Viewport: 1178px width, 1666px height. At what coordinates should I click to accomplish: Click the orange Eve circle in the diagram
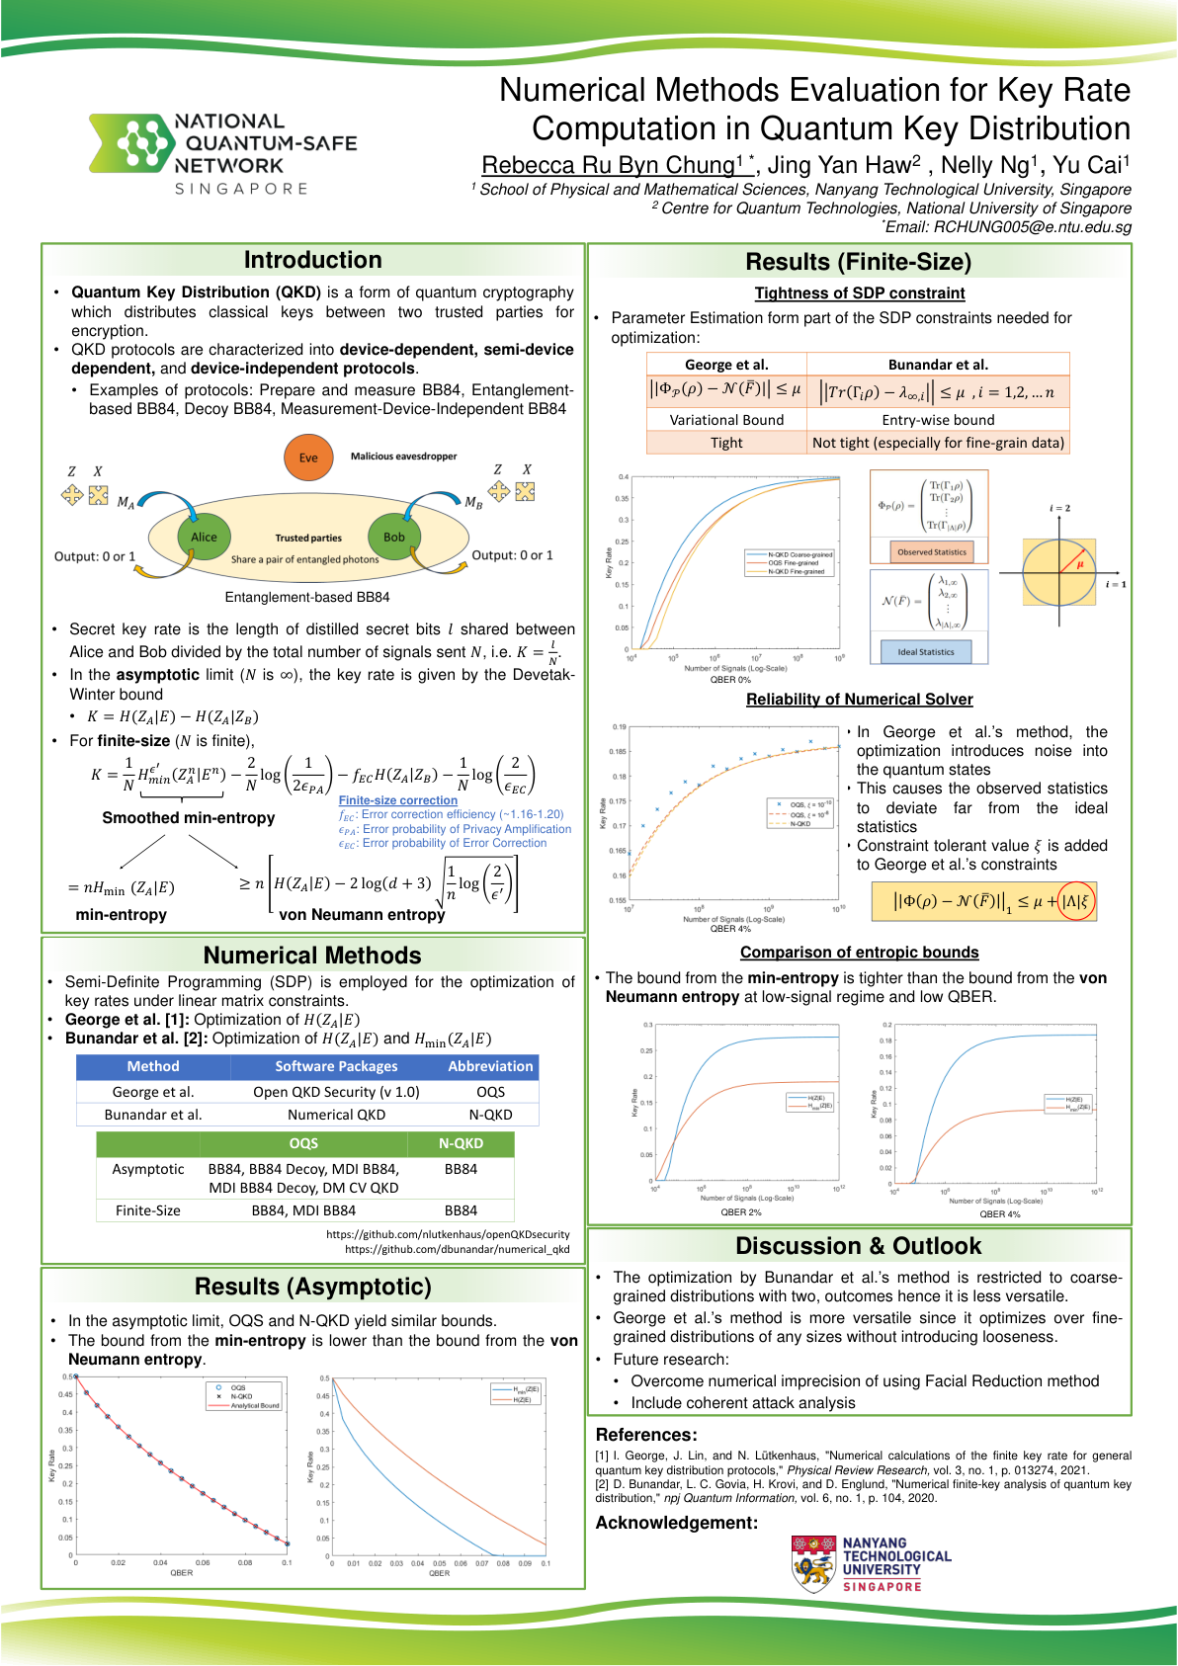(308, 458)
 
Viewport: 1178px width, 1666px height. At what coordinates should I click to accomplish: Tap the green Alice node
(204, 537)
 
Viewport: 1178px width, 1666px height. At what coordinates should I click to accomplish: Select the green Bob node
(394, 537)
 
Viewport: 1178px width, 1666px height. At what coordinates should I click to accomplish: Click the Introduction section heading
(312, 260)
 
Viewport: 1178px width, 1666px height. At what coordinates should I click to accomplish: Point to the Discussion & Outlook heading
(858, 1246)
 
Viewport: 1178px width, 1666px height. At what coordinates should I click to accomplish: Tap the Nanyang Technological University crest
(814, 1563)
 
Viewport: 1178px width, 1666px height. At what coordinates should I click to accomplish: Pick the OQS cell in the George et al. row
(490, 1092)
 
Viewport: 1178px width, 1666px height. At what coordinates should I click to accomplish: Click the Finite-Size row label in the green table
(148, 1210)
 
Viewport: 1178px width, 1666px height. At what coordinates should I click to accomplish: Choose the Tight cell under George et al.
(726, 443)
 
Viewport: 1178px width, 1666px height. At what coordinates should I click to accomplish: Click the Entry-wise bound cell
(938, 420)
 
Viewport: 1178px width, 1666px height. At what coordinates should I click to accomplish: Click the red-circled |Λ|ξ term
(1076, 901)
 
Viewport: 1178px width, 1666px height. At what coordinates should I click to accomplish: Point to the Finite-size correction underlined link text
(398, 800)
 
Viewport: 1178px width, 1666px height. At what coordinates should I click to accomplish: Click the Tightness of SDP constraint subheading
(860, 293)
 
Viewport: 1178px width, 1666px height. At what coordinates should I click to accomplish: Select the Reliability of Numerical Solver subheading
(859, 700)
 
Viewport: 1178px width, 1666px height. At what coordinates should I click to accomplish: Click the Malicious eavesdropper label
(403, 457)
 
